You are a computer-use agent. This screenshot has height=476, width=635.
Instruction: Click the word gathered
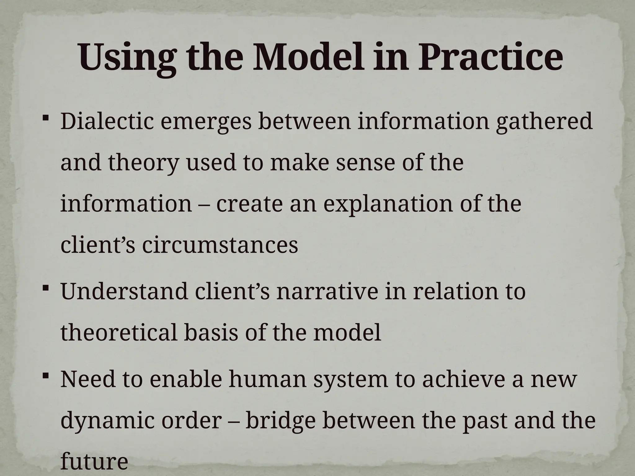pyautogui.click(x=544, y=122)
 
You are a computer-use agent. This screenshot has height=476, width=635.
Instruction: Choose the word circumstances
pyautogui.click(x=220, y=245)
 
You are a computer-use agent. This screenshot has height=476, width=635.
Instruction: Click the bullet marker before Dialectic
pyautogui.click(x=45, y=118)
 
